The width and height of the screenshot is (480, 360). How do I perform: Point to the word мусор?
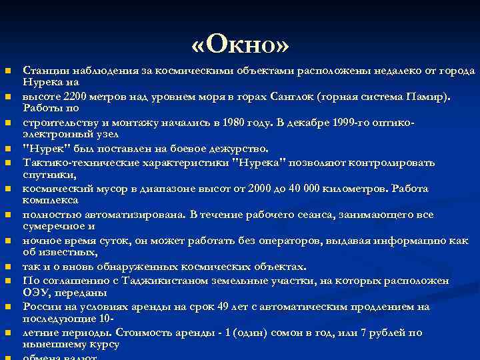pyautogui.click(x=101, y=189)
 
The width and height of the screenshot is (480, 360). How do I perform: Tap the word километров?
pyautogui.click(x=358, y=189)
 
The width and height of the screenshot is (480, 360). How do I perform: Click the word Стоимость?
pyautogui.click(x=145, y=332)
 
